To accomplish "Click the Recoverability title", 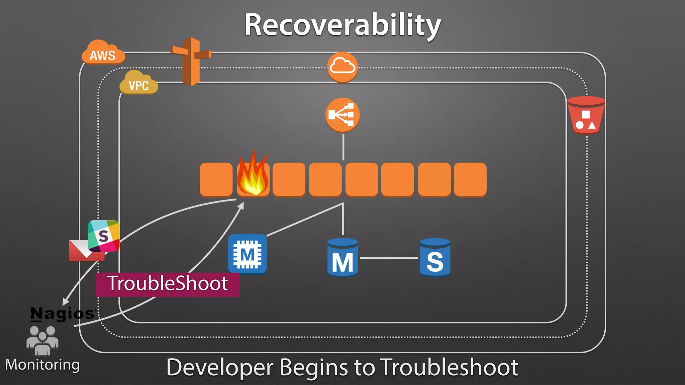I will click(342, 25).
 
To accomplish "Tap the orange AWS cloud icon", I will click(103, 53).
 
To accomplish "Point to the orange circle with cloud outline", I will click(342, 67).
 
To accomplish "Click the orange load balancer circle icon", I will click(342, 115).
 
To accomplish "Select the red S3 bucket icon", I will click(586, 115).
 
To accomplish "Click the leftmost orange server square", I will click(216, 179).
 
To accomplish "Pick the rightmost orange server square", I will click(470, 179).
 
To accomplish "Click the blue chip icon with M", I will click(247, 254).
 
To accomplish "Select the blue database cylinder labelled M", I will click(342, 257).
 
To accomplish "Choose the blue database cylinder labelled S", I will click(435, 257).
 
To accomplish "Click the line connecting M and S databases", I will click(389, 258).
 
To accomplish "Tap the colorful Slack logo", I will click(104, 236).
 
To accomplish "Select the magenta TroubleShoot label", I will click(168, 284).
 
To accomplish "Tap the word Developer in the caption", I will click(220, 367).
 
